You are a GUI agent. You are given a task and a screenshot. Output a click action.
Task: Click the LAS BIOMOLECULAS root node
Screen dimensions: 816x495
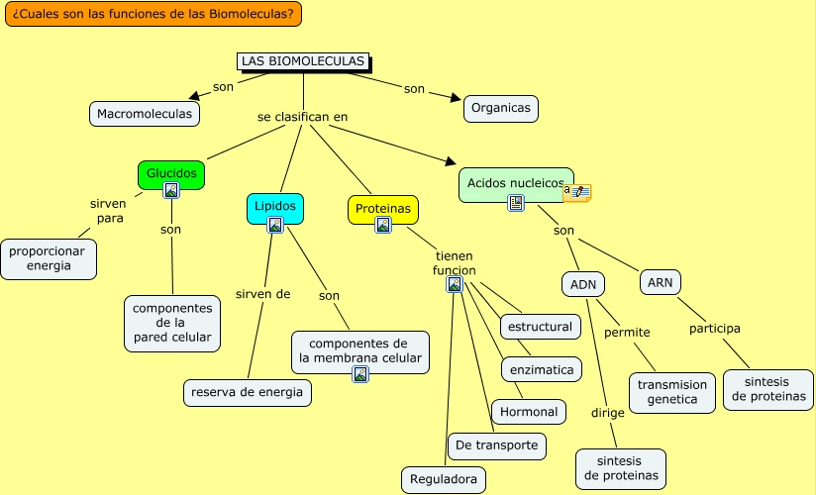[x=303, y=61]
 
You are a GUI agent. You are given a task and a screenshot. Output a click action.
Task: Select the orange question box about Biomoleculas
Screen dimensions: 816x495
[x=153, y=14]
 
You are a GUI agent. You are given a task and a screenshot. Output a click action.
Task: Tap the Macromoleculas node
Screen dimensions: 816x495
[x=145, y=114]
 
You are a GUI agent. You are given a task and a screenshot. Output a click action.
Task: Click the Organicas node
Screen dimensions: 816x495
[x=501, y=108]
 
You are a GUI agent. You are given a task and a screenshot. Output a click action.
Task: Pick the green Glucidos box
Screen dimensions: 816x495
[x=171, y=174]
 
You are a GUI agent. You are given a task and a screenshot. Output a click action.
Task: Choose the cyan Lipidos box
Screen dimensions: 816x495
[x=274, y=208]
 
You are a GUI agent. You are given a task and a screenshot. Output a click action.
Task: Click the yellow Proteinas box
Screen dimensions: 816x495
[x=383, y=209]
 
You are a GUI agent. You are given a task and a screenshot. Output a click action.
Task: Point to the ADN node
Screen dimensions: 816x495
[x=583, y=285]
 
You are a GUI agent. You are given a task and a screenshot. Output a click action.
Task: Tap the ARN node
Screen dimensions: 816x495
[x=660, y=282]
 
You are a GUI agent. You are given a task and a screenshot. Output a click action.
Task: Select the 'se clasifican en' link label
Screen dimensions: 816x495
[x=302, y=117]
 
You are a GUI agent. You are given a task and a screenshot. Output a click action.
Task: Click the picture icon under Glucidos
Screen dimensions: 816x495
[x=171, y=190]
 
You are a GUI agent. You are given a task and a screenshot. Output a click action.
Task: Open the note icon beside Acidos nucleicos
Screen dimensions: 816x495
[x=577, y=193]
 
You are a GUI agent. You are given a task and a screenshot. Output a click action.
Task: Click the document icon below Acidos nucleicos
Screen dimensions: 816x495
[x=516, y=203]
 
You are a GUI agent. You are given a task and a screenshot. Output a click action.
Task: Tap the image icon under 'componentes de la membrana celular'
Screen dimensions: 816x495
[x=360, y=373]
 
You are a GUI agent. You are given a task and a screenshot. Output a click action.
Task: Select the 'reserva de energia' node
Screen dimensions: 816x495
[x=248, y=392]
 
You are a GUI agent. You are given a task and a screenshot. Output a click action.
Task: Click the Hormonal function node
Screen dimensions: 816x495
[x=529, y=412]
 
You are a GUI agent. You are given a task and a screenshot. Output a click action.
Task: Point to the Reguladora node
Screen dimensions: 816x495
[x=444, y=479]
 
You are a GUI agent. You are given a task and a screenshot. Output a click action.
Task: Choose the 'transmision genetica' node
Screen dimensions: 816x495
[x=671, y=392]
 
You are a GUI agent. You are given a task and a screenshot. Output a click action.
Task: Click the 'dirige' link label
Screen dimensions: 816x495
[x=608, y=413]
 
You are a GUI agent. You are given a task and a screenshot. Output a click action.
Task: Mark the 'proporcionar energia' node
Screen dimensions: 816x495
[x=48, y=258]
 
